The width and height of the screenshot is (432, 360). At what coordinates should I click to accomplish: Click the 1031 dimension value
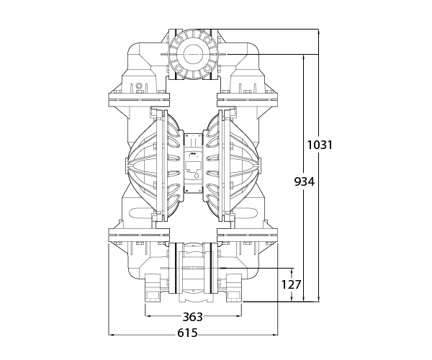(x=320, y=145)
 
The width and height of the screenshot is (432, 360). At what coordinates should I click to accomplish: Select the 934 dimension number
(x=304, y=181)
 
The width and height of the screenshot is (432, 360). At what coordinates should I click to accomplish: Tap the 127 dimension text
(x=291, y=284)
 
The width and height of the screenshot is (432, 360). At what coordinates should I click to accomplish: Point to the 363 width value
(x=192, y=317)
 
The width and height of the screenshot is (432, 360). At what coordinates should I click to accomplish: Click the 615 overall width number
(x=187, y=333)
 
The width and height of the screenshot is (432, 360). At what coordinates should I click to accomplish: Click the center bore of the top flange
(x=193, y=54)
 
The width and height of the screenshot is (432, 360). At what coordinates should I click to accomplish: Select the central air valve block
(x=193, y=163)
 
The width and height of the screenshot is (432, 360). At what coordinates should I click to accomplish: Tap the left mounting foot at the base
(x=153, y=288)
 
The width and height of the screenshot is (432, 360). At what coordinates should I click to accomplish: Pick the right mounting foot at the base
(x=234, y=288)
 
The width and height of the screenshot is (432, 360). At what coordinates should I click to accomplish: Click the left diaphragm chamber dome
(x=141, y=166)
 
